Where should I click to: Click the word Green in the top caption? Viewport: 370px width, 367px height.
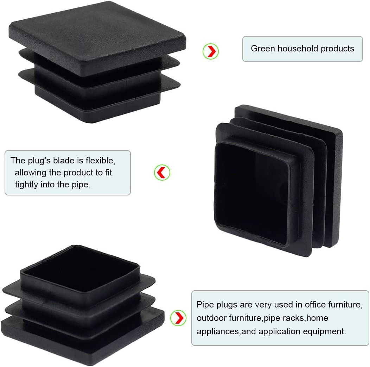[263, 49]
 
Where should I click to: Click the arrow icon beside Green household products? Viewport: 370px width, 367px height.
[211, 51]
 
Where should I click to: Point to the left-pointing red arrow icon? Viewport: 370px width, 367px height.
[162, 173]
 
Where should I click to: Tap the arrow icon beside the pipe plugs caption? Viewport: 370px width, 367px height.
[178, 318]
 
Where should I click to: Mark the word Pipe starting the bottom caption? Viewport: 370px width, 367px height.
[205, 305]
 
